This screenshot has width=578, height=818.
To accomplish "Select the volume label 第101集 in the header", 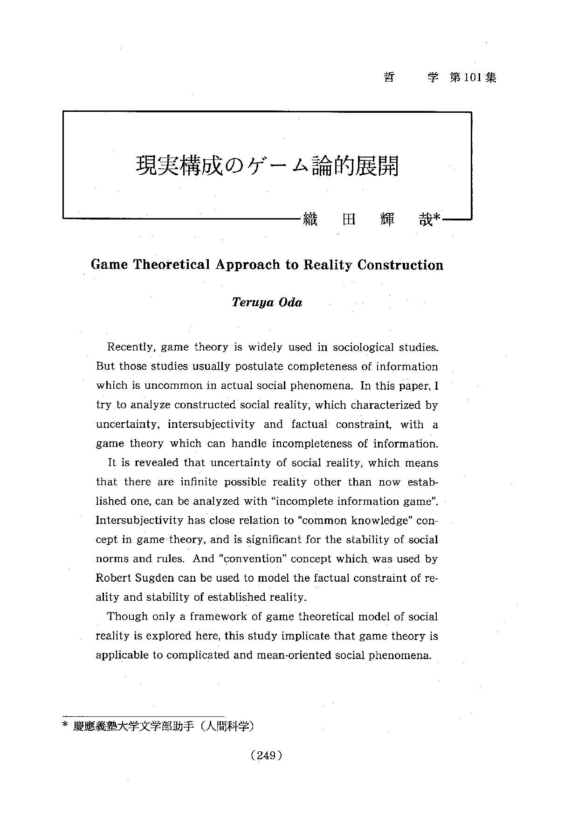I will tap(473, 77).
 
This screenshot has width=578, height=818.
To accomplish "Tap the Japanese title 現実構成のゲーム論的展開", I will tap(267, 166).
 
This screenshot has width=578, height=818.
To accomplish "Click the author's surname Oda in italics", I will tap(290, 302).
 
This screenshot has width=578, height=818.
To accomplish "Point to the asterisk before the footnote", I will tap(65, 725).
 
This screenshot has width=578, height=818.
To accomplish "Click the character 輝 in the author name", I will tap(387, 219).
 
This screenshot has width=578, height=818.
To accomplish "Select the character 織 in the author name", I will tap(310, 219).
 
